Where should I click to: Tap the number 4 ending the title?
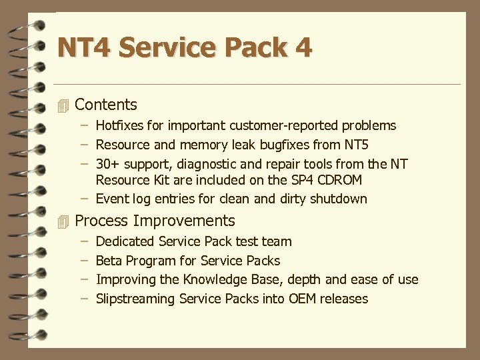[x=302, y=48]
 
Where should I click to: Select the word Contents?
[x=106, y=105]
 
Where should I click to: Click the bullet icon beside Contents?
[x=63, y=105]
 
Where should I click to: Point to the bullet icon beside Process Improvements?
[x=63, y=221]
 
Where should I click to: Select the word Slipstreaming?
[x=135, y=299]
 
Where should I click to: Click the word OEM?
[x=303, y=299]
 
